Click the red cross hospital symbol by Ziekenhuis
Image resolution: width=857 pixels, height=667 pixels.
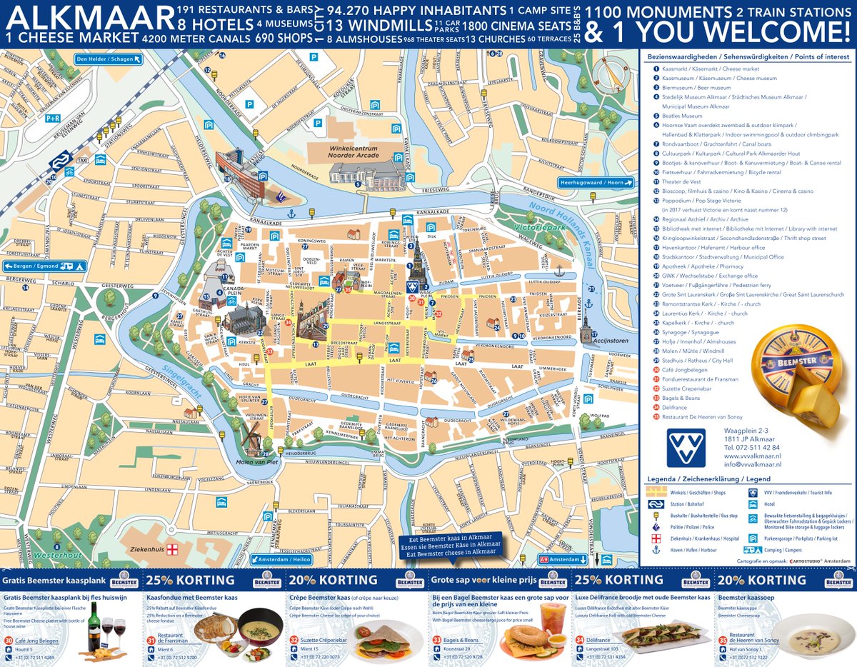point(171,551)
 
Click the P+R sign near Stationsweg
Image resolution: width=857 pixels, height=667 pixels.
point(54,119)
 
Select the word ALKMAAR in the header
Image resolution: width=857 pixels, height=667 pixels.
point(87,16)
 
